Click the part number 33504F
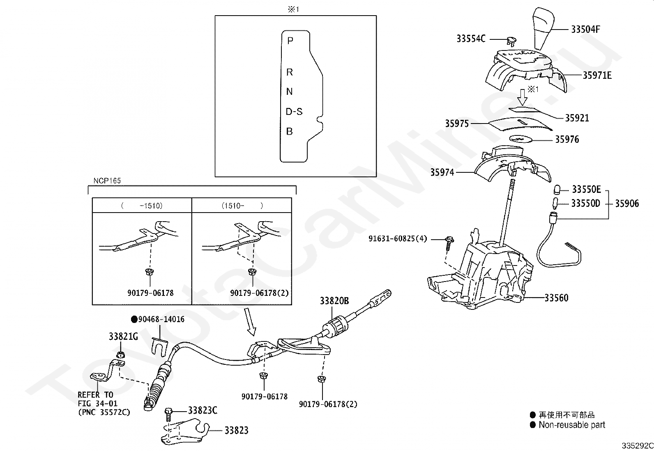[x=585, y=30]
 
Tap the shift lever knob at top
[x=543, y=28]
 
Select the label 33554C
[x=471, y=39]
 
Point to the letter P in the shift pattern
[x=290, y=41]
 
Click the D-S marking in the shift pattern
[x=294, y=112]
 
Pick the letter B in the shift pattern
[x=289, y=132]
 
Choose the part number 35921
[x=577, y=118]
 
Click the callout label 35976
[x=566, y=140]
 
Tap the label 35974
[x=442, y=172]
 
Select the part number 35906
[x=627, y=203]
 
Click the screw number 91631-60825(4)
[x=398, y=239]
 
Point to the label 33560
[x=557, y=298]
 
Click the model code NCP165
[x=107, y=181]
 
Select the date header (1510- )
[x=242, y=206]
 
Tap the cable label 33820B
[x=334, y=301]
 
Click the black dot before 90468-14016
[x=134, y=320]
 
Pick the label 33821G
[x=123, y=337]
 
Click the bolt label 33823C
[x=203, y=410]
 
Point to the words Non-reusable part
[x=572, y=425]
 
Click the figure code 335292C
[x=637, y=446]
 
